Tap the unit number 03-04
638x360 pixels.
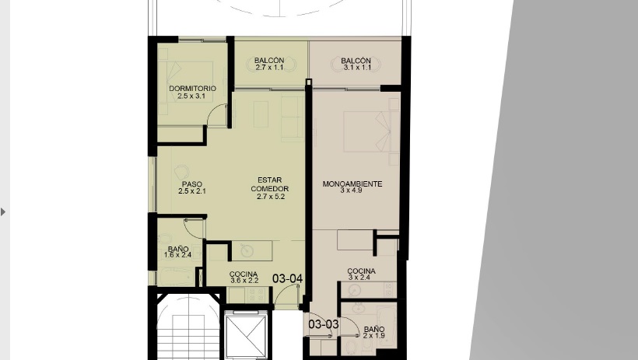(287, 278)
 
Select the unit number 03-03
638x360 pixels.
(324, 324)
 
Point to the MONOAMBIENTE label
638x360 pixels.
(352, 183)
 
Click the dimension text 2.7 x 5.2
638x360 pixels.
(271, 197)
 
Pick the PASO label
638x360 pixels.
(192, 184)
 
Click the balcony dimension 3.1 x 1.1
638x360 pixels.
(357, 68)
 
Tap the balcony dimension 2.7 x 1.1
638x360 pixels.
(269, 68)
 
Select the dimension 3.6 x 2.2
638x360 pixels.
(244, 281)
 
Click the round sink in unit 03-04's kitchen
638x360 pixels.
(247, 250)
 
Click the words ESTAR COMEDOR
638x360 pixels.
(270, 184)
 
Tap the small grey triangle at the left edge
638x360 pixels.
(3, 212)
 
